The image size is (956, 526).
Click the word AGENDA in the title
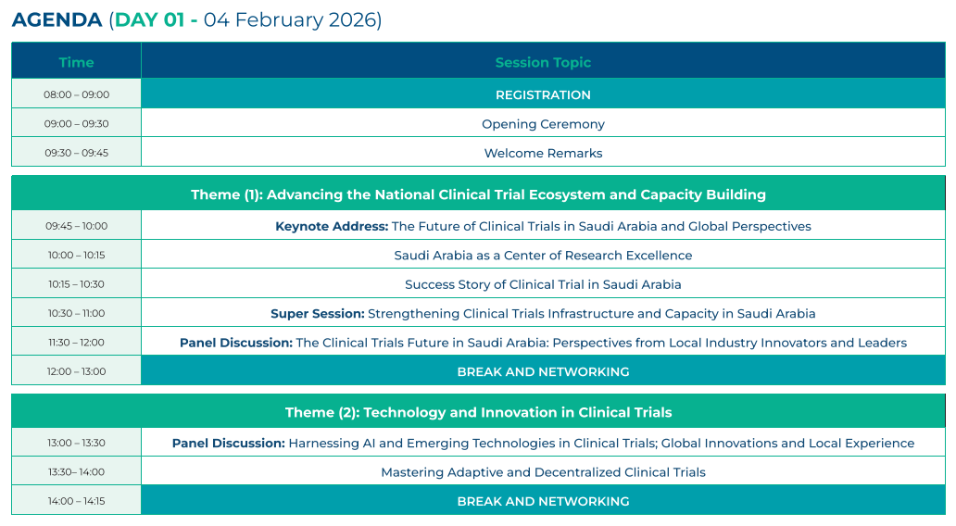point(57,19)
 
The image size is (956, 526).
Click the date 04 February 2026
point(293,19)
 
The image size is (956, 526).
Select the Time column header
point(76,62)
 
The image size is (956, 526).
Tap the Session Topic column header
point(543,62)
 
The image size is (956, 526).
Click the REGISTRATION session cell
point(543,94)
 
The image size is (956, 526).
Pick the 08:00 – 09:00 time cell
point(76,94)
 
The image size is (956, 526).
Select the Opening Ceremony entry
point(543,124)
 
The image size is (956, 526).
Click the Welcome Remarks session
point(543,153)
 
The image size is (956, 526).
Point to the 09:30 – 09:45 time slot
point(76,153)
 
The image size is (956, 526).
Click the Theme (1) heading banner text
point(478,194)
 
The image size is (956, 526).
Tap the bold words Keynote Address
point(331,226)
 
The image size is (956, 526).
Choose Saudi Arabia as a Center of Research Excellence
point(543,256)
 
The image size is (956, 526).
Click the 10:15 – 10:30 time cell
point(76,284)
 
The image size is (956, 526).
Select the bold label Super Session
point(317,314)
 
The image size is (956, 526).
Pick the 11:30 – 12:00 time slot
point(76,343)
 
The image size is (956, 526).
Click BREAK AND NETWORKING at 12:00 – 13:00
point(543,371)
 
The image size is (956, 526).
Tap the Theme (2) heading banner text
point(478,412)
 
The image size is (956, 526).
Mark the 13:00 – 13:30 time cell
point(76,443)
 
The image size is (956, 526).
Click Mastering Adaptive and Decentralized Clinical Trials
point(543,472)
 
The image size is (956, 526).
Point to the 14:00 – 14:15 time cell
point(76,501)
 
